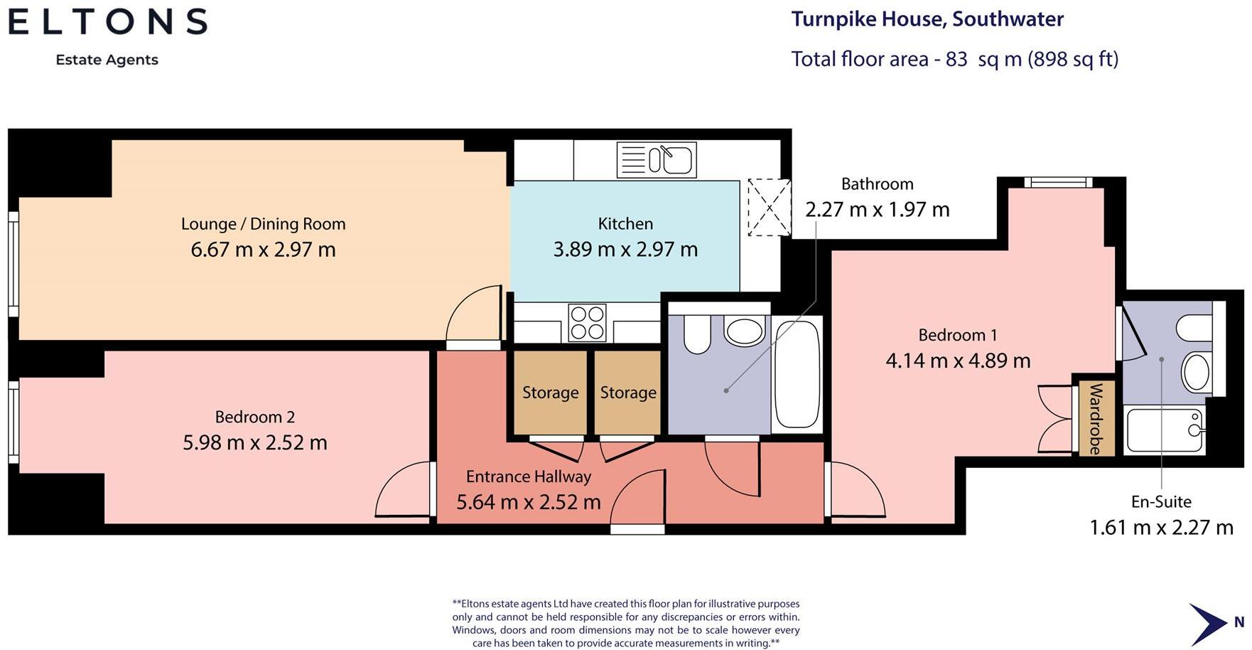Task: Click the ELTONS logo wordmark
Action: click(x=108, y=21)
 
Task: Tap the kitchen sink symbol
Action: click(x=657, y=159)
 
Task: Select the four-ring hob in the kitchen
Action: click(x=588, y=323)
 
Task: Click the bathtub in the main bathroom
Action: click(x=797, y=375)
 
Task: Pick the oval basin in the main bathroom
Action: click(x=745, y=331)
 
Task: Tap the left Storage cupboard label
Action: click(x=551, y=393)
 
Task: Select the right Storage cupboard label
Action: click(x=628, y=393)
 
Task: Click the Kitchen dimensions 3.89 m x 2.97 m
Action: click(x=625, y=250)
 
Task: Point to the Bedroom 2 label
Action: click(x=255, y=417)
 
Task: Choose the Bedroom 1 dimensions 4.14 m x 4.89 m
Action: click(x=958, y=361)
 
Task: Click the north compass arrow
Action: click(x=1207, y=624)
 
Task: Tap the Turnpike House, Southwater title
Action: click(x=927, y=19)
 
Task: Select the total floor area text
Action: click(x=955, y=59)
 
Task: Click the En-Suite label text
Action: click(x=1161, y=502)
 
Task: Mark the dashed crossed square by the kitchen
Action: click(x=770, y=208)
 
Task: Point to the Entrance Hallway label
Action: click(x=529, y=476)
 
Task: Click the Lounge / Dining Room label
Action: click(x=264, y=224)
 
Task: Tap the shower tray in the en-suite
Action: click(x=1165, y=430)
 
